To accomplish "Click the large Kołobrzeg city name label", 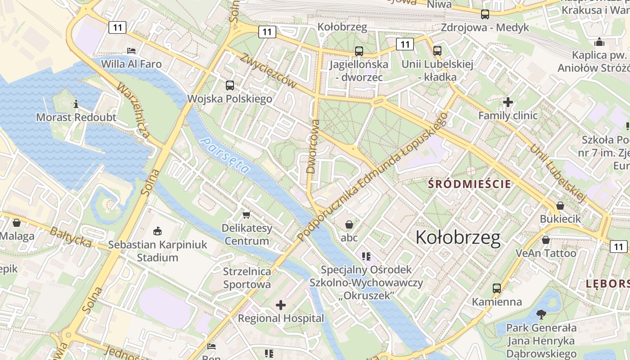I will point(458,238).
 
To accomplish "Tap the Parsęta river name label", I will point(225,156).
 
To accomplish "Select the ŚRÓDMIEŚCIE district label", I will point(469,184).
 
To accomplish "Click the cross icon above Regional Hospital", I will point(281,306).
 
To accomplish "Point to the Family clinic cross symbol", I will point(508,103).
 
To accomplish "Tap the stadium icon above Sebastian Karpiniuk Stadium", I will point(157,231).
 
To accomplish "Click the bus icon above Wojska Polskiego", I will point(230,85).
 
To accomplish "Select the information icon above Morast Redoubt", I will point(76,104).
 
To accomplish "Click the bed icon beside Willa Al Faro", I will point(131,51).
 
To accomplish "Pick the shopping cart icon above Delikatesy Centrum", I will point(246,215).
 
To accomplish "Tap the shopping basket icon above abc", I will point(349,224).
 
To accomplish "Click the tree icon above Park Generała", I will point(541,314).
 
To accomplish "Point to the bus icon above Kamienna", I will point(497,288).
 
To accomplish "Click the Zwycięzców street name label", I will point(269,71).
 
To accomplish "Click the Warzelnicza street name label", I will point(134,110).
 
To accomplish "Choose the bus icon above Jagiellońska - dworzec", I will point(359,51).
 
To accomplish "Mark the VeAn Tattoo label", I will point(546,253).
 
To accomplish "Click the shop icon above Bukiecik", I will point(560,206).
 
